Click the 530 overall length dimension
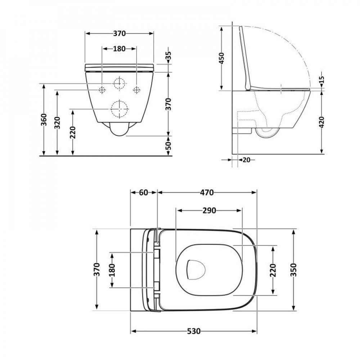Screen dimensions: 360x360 click(x=193, y=331)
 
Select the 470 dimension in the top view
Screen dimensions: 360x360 click(x=207, y=193)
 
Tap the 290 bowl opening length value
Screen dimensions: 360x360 click(x=209, y=211)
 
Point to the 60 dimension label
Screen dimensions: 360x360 click(x=143, y=193)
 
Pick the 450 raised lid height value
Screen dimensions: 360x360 click(x=221, y=58)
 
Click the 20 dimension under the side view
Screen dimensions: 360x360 click(x=247, y=159)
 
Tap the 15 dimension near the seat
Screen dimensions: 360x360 click(x=322, y=79)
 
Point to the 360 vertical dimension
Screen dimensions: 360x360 click(x=44, y=120)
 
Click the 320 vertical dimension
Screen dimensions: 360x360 click(x=57, y=123)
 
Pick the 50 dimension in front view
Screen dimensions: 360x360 click(x=168, y=146)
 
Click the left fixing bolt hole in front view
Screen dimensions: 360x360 click(x=102, y=89)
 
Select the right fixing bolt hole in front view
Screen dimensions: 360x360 click(x=136, y=89)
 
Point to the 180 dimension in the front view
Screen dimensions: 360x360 click(x=119, y=49)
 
